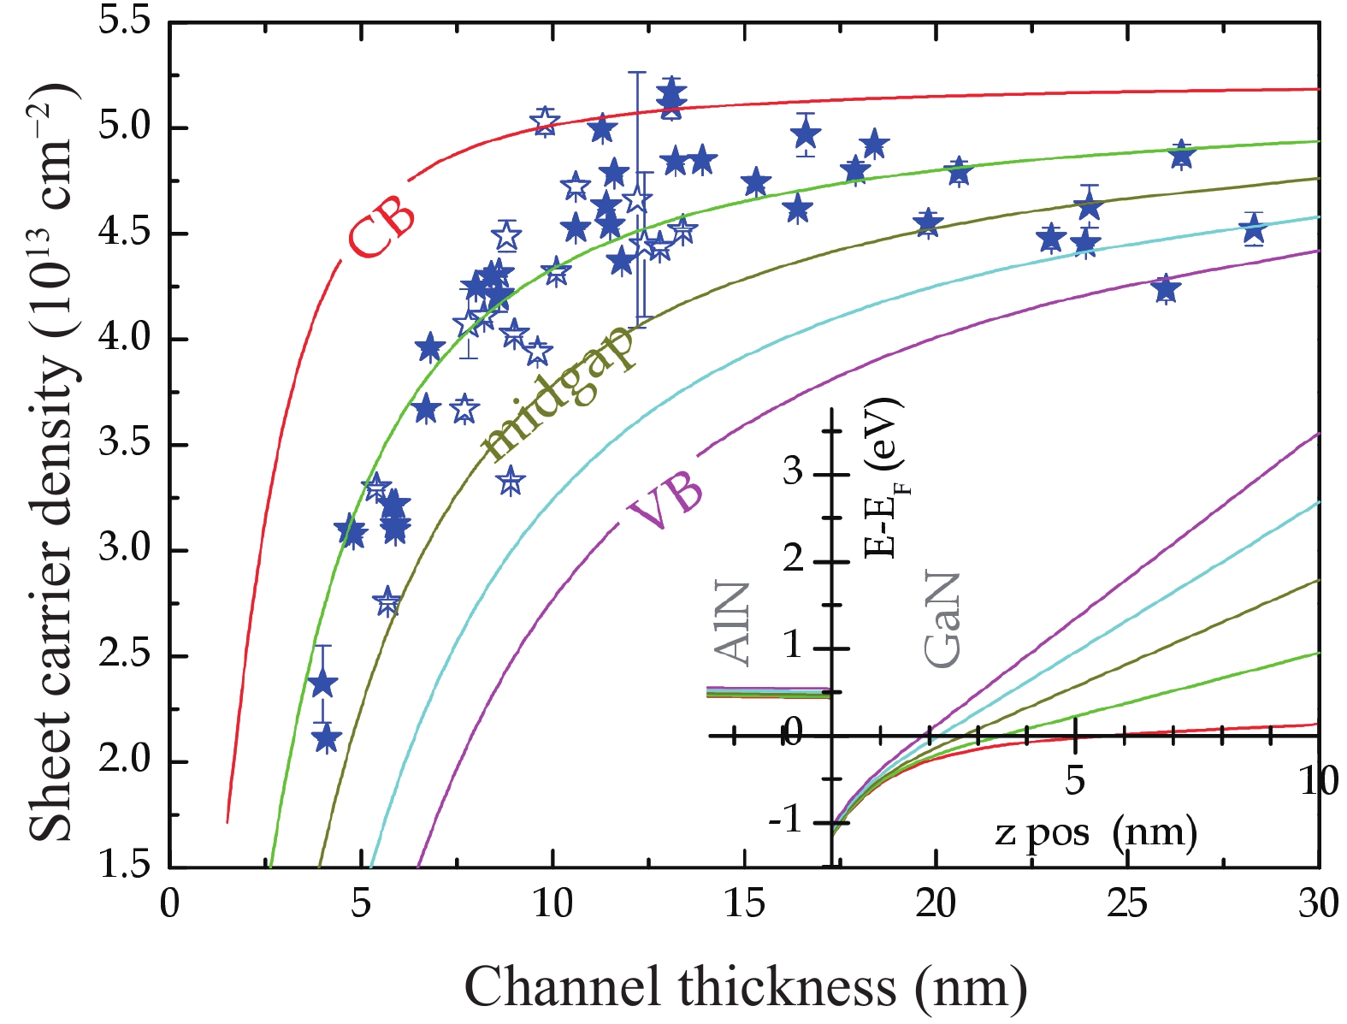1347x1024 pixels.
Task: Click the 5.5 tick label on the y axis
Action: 125,22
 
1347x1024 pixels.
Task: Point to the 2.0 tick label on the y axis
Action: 125,761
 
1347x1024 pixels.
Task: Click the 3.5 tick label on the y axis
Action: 125,444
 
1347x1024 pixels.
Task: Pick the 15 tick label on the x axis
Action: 744,904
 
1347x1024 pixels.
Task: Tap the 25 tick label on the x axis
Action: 1127,904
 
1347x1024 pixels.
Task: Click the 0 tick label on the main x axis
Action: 169,904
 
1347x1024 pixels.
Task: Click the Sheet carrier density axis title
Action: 52,463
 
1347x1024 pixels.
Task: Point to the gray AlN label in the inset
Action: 731,624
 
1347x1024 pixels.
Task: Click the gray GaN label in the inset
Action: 942,619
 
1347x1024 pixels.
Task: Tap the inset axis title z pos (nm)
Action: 1096,833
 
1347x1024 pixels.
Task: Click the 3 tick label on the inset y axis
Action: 793,473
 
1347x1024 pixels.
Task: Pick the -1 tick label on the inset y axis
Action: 785,821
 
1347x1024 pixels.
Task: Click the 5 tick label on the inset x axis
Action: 1074,781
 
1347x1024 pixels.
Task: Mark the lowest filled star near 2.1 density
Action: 327,739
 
